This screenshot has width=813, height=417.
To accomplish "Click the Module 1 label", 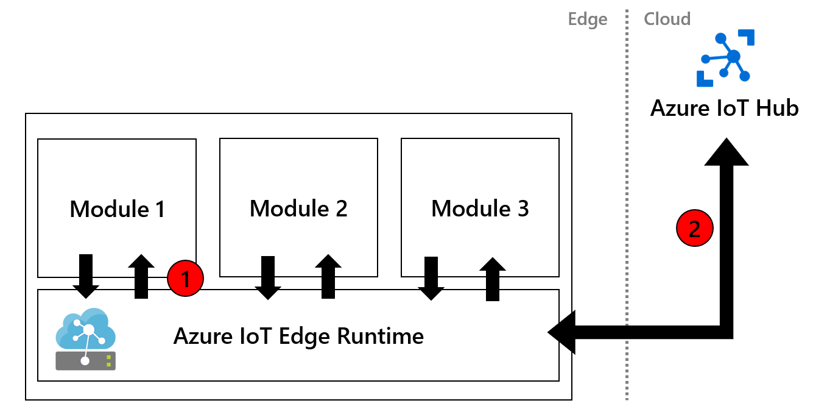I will coord(117,209).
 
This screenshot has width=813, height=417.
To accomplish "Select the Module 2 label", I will coord(298,209).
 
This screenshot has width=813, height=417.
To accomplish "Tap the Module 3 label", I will coord(480,209).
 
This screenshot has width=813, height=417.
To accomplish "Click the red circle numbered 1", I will coord(185,279).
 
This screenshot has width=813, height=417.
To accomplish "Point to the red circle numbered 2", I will coord(694,229).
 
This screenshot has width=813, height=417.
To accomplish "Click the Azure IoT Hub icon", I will coord(725,58).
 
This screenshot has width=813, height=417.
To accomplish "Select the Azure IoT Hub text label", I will coord(724,109).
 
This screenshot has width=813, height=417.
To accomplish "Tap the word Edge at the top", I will coord(587,20).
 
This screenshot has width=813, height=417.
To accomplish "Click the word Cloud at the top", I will coord(667,20).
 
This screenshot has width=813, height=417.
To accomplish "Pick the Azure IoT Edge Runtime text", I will coord(298,336).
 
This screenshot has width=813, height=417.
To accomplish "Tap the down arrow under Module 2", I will coord(267,277).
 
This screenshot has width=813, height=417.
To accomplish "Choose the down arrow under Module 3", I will coord(431,278).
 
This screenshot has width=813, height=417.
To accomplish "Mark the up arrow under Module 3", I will coord(493,279).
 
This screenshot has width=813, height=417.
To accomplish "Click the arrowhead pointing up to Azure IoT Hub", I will coord(727,152).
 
